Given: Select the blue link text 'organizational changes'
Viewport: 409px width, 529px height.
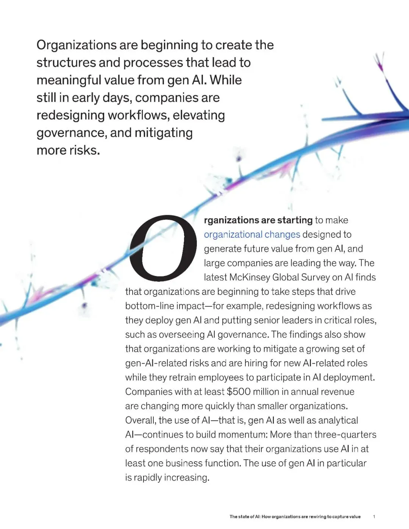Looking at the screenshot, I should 252,234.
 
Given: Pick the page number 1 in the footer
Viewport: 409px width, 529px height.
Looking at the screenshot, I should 374,517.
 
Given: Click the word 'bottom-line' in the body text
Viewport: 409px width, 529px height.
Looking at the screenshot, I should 148,306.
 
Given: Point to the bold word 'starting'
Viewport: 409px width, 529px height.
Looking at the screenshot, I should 295,220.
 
